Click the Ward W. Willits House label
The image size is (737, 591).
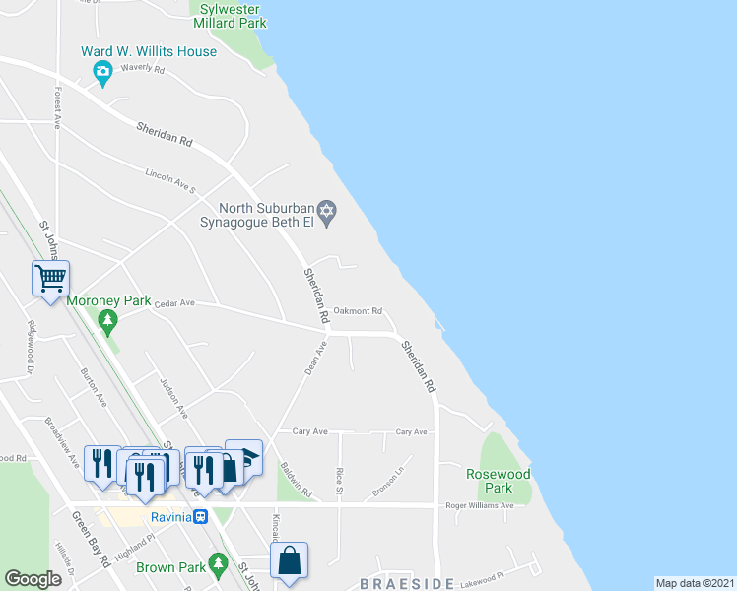pos(149,51)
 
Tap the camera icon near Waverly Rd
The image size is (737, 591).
pos(101,71)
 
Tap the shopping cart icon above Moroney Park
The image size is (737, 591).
pos(50,277)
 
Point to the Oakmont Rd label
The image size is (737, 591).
pos(358,311)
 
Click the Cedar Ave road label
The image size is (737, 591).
pos(175,304)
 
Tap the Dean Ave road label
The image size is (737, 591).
pos(315,357)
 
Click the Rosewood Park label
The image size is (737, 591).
pos(499,481)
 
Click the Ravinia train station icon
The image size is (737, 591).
pos(200,516)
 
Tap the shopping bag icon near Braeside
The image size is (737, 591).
pos(290,560)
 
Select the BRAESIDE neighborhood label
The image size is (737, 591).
pos(406,583)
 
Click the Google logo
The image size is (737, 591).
pos(33,579)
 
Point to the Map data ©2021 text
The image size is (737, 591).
pos(695,583)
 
